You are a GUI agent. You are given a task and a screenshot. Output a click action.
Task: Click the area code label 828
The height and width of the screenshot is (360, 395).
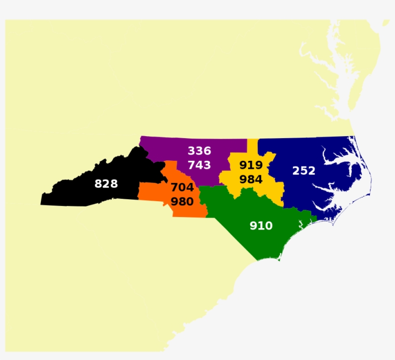[106, 183]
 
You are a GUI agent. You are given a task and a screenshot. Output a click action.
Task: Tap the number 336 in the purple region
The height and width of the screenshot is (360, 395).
[199, 151]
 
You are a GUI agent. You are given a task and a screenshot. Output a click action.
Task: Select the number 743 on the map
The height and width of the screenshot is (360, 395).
[199, 165]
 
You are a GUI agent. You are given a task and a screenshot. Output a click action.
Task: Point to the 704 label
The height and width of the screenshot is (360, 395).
[182, 188]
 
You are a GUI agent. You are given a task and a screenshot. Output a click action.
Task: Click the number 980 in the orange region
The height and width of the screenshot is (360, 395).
[182, 202]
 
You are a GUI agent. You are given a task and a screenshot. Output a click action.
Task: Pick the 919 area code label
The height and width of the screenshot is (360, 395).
[251, 166]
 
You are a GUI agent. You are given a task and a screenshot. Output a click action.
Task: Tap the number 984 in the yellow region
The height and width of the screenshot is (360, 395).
[251, 180]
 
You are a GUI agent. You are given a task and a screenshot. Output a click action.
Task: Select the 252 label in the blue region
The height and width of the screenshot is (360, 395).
[304, 171]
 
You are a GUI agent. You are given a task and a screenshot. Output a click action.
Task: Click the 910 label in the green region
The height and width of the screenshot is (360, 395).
[261, 226]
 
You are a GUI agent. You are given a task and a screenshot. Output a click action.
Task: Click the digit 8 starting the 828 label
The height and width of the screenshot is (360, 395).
[98, 183]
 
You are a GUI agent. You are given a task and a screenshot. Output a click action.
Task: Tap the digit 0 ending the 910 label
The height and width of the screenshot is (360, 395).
[269, 226]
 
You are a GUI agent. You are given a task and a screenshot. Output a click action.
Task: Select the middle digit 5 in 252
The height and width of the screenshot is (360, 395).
[304, 171]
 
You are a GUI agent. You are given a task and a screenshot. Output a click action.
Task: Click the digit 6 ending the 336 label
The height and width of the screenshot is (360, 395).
[207, 151]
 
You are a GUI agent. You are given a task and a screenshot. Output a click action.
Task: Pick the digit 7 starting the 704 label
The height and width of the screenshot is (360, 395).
[174, 188]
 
